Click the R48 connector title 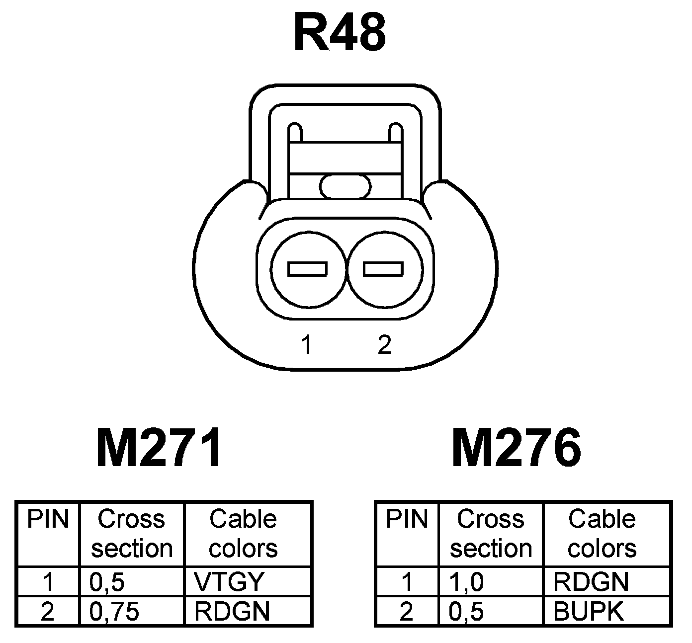pyautogui.click(x=340, y=33)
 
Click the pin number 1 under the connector pyautogui.click(x=307, y=344)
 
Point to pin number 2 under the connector pyautogui.click(x=384, y=344)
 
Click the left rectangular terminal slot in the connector pyautogui.click(x=307, y=269)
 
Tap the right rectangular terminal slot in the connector pyautogui.click(x=383, y=269)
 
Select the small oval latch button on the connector pyautogui.click(x=346, y=186)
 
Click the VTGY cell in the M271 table pyautogui.click(x=230, y=581)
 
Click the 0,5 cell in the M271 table pyautogui.click(x=106, y=581)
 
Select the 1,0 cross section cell pyautogui.click(x=466, y=581)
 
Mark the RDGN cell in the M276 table pyautogui.click(x=591, y=581)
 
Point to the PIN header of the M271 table pyautogui.click(x=47, y=519)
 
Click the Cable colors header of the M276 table pyautogui.click(x=602, y=534)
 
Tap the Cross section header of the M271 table pyautogui.click(x=131, y=534)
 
